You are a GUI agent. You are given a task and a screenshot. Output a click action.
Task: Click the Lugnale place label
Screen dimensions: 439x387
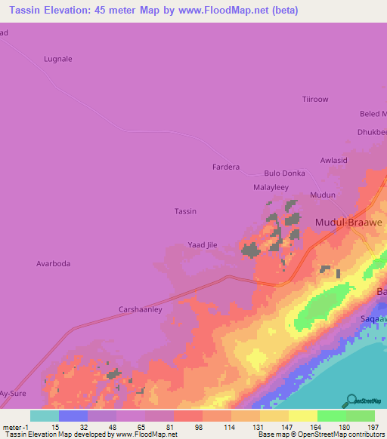point(58,59)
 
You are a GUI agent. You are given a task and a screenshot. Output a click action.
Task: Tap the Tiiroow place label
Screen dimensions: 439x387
point(315,99)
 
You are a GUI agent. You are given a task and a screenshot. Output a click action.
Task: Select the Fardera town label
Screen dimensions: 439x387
point(225,167)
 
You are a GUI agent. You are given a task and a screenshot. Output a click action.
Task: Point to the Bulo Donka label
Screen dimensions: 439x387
point(284,173)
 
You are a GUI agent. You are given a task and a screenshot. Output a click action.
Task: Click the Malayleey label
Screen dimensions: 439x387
point(271,187)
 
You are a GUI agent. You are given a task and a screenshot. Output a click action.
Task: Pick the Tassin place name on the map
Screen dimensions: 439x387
point(185,211)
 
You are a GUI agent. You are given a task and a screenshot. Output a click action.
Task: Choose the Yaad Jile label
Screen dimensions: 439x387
point(203,245)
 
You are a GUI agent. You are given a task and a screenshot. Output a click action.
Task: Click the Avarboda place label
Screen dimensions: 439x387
point(54,264)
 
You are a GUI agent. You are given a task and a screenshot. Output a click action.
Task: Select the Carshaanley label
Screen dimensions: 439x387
point(141,309)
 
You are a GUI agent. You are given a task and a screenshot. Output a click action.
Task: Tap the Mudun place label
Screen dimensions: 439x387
point(323,195)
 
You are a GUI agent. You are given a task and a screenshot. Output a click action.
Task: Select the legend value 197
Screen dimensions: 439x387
point(371,427)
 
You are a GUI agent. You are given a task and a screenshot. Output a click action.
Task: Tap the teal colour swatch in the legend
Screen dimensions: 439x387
point(44,416)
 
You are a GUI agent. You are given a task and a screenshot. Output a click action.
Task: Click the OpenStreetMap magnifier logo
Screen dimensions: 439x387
point(351,400)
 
